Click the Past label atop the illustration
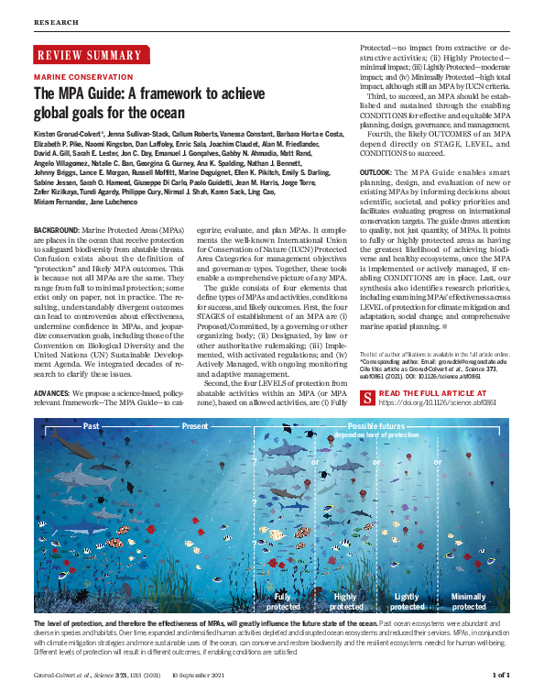(x=91, y=426)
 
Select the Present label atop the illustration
(x=195, y=426)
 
